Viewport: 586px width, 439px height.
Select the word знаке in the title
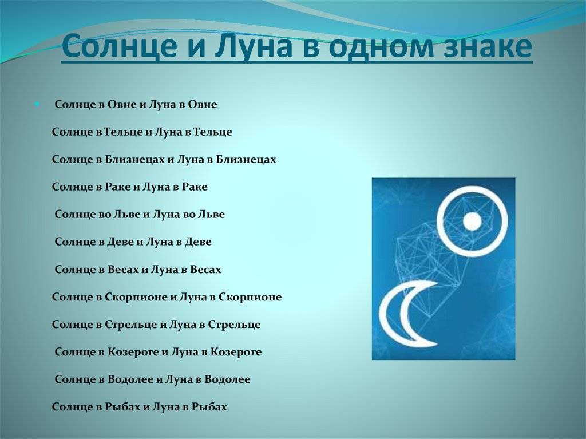pyautogui.click(x=488, y=46)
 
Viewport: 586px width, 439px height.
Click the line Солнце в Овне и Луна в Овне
pyautogui.click(x=136, y=104)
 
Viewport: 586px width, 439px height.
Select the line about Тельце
pyautogui.click(x=142, y=132)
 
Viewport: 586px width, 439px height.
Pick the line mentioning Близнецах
pyautogui.click(x=164, y=159)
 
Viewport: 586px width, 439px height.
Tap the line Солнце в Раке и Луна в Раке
pyautogui.click(x=130, y=187)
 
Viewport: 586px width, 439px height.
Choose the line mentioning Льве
pyautogui.click(x=140, y=214)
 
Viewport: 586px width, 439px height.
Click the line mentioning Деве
pyautogui.click(x=133, y=242)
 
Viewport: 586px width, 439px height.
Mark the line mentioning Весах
pyautogui.click(x=138, y=269)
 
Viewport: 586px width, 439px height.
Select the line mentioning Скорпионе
pyautogui.click(x=167, y=297)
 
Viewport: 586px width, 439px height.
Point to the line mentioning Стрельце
pyautogui.click(x=156, y=324)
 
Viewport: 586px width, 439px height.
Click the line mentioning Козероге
pyautogui.click(x=158, y=352)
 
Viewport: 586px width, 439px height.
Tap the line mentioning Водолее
pyautogui.click(x=152, y=379)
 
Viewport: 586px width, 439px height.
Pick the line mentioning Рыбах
pyautogui.click(x=140, y=407)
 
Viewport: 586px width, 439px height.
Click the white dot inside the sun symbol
pyautogui.click(x=472, y=222)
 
